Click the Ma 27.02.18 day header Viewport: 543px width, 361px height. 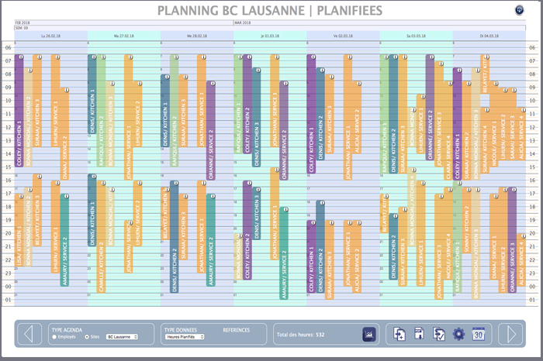click(x=124, y=36)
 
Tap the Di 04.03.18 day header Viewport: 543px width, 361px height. click(x=489, y=36)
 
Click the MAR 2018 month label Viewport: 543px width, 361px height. click(x=243, y=23)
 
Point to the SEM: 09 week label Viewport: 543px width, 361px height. click(x=22, y=29)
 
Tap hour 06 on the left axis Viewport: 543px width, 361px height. click(x=8, y=48)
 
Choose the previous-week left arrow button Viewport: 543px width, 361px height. click(x=29, y=334)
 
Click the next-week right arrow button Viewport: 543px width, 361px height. click(x=511, y=334)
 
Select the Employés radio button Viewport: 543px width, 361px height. click(x=54, y=337)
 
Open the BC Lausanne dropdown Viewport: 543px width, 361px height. click(x=122, y=337)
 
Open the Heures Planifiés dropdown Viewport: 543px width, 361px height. click(x=185, y=337)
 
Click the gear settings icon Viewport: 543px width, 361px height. click(x=458, y=334)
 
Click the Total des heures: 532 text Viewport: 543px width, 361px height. click(x=300, y=335)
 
